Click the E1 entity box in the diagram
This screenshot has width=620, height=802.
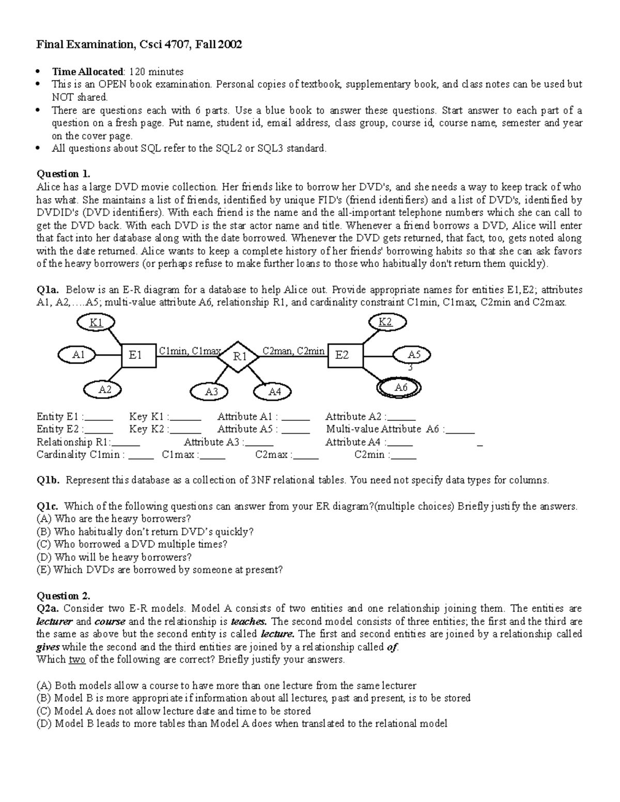(138, 355)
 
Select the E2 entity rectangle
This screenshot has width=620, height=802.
(345, 355)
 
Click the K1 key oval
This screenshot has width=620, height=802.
(96, 323)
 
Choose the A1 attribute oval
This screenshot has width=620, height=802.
(79, 355)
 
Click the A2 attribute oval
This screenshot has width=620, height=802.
(104, 390)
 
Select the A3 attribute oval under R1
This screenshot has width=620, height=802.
(211, 392)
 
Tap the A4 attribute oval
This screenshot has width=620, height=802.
(274, 392)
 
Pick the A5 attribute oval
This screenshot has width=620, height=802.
(414, 355)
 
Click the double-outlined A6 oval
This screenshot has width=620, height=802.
(401, 388)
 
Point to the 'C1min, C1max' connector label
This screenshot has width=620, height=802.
(189, 351)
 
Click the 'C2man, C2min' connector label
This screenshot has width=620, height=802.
(293, 351)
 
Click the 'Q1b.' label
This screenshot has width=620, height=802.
(48, 480)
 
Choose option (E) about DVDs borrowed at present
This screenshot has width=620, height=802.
(160, 570)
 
